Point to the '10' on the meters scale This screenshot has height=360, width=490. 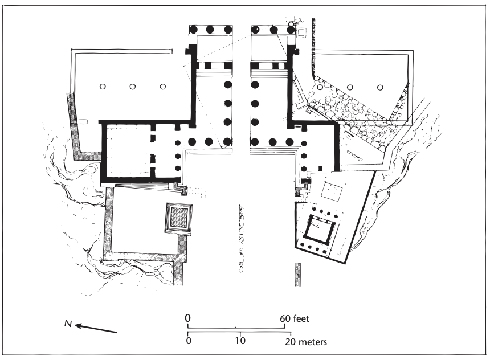click(240, 342)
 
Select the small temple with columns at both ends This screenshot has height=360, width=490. click(320, 231)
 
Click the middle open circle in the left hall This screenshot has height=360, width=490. click(132, 87)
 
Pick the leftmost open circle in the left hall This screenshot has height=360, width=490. click(102, 87)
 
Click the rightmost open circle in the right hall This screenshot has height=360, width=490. click(381, 87)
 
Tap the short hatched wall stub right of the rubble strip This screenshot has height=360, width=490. click(297, 274)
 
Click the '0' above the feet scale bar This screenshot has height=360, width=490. click(187, 318)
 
